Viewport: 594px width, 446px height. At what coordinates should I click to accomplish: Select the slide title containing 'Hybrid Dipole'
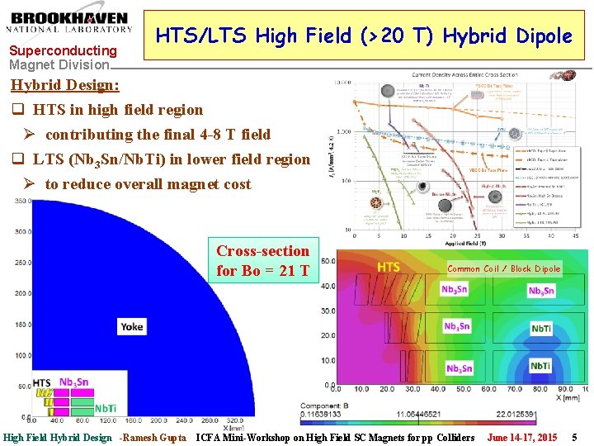pyautogui.click(x=364, y=36)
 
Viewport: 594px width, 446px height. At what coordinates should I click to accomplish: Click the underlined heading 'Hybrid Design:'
pyautogui.click(x=64, y=85)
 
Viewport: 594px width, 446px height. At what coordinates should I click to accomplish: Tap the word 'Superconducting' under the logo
pyautogui.click(x=63, y=50)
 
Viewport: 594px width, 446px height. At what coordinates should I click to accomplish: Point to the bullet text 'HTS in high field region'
pyautogui.click(x=117, y=110)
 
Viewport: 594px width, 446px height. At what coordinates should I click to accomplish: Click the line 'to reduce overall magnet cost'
pyautogui.click(x=148, y=184)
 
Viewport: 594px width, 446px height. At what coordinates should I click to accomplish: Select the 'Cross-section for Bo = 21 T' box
pyautogui.click(x=262, y=260)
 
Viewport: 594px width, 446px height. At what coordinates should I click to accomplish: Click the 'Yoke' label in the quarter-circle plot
pyautogui.click(x=131, y=326)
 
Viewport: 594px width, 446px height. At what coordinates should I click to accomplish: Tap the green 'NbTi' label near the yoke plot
pyautogui.click(x=105, y=408)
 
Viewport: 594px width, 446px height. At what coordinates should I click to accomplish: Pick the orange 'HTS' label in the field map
pyautogui.click(x=388, y=267)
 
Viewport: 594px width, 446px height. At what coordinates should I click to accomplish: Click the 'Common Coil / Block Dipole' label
pyautogui.click(x=503, y=268)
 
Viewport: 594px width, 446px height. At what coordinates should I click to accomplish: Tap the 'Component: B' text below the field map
pyautogui.click(x=370, y=406)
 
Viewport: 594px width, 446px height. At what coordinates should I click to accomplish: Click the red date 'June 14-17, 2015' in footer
pyautogui.click(x=521, y=437)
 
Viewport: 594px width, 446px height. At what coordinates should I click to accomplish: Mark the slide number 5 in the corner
pyautogui.click(x=575, y=437)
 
